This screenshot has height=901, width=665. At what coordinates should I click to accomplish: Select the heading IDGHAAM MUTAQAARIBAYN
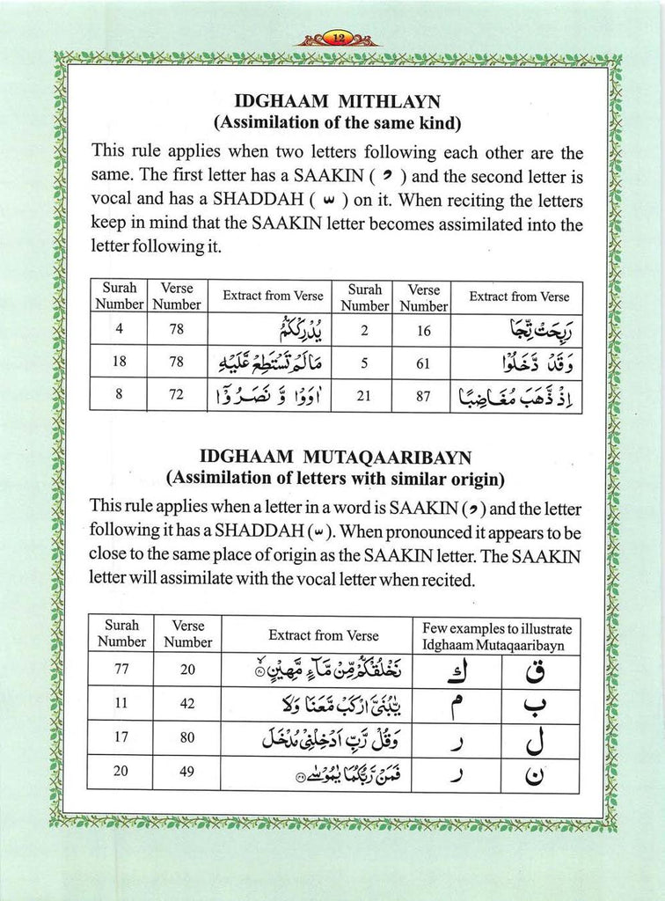coord(336,458)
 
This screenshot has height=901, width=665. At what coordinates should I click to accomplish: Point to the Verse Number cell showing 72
coord(176,394)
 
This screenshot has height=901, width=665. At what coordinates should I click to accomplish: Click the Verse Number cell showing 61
coord(422,359)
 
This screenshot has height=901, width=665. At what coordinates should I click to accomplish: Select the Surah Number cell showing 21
coord(362,394)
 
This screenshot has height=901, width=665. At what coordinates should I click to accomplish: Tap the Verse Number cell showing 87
coord(422,394)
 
